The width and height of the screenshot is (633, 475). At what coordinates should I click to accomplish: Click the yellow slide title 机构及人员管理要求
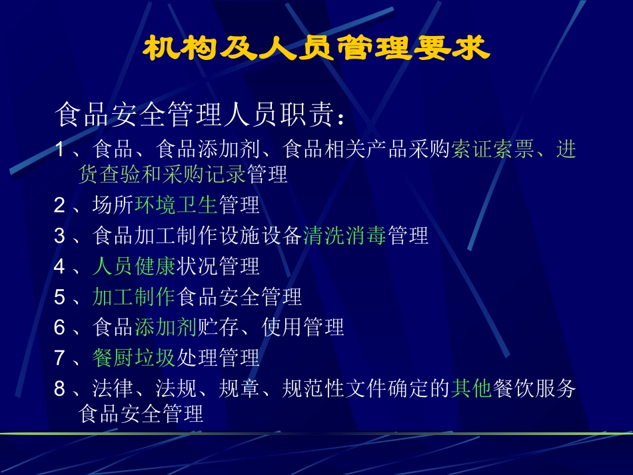316,49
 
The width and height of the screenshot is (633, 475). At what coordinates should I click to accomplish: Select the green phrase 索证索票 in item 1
492,149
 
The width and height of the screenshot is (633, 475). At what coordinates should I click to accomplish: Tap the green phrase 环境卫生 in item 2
176,205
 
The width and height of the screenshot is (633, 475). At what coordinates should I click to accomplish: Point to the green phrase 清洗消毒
344,236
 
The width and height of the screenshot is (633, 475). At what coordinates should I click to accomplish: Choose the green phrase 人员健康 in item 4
134,266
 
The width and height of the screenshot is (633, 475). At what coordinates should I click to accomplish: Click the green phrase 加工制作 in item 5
134,296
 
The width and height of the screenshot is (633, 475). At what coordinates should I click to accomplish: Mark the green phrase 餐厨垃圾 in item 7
134,358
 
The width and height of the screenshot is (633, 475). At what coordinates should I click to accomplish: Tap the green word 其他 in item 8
471,388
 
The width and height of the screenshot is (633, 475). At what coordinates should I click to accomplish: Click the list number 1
59,149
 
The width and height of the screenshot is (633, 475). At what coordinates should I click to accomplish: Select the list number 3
59,236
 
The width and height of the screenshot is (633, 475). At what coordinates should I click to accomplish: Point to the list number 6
59,327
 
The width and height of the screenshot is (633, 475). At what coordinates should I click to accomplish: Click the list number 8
59,388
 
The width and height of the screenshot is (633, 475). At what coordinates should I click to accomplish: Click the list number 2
59,205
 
